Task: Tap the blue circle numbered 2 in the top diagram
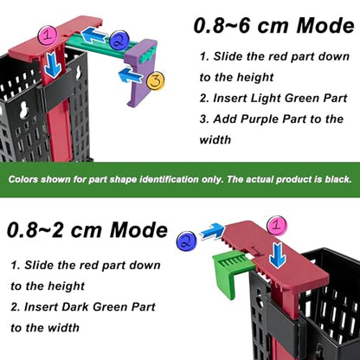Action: click(x=118, y=41)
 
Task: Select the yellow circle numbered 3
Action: click(x=156, y=80)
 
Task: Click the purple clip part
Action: click(x=141, y=72)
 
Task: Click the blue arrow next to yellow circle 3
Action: click(x=131, y=75)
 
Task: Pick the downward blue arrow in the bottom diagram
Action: click(x=277, y=255)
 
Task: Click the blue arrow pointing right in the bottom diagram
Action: click(x=213, y=231)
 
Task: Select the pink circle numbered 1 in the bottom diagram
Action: click(x=277, y=226)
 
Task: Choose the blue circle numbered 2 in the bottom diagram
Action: click(x=186, y=241)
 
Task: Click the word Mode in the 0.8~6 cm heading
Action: click(x=325, y=25)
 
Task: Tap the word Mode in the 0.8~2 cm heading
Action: click(x=138, y=230)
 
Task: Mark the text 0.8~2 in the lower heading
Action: click(x=35, y=230)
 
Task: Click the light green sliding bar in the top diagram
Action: click(x=98, y=47)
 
